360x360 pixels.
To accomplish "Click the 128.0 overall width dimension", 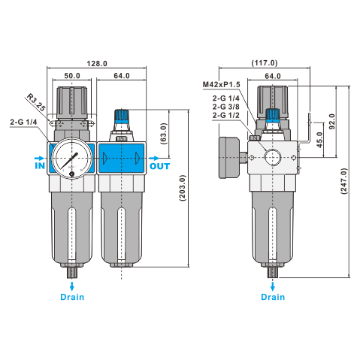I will click(97, 64).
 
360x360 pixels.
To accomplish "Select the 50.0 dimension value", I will click(72, 76).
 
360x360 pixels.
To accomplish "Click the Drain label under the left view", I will click(73, 297).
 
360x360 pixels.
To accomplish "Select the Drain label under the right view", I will click(273, 297).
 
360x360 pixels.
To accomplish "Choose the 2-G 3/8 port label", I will click(226, 107).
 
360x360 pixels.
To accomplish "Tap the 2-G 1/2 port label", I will click(226, 116).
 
